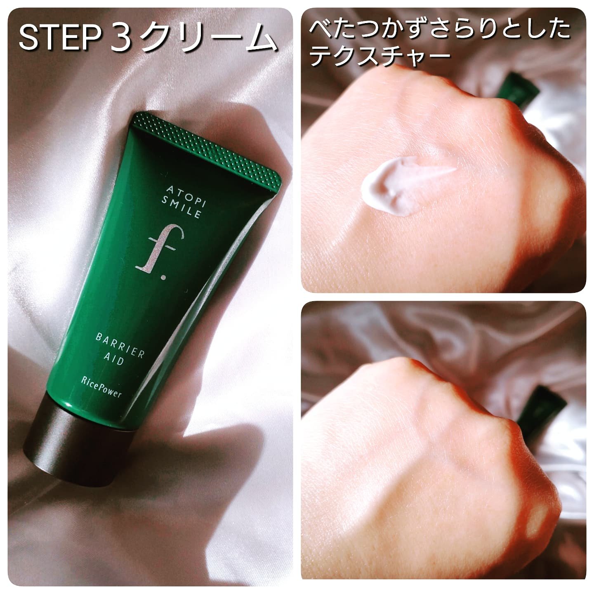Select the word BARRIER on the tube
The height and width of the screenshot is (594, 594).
pyautogui.click(x=120, y=346)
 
